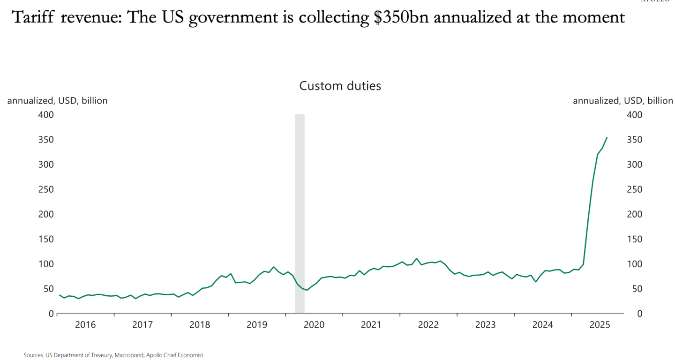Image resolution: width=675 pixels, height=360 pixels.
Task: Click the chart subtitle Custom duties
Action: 340,86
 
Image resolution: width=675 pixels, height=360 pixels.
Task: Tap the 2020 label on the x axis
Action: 314,324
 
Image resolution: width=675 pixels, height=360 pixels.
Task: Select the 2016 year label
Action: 85,324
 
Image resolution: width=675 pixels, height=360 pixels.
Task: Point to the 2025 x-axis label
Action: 600,324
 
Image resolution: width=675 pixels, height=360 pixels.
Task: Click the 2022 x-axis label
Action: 428,324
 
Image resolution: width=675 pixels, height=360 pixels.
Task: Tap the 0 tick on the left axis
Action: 51,314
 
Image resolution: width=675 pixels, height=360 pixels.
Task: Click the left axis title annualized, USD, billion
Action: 57,101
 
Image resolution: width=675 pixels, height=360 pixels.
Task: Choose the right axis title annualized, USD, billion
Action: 622,101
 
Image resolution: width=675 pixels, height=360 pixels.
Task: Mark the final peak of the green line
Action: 607,137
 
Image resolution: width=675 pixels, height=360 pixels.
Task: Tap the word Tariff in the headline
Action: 30,18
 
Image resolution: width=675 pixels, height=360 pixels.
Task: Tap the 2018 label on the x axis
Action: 200,324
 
